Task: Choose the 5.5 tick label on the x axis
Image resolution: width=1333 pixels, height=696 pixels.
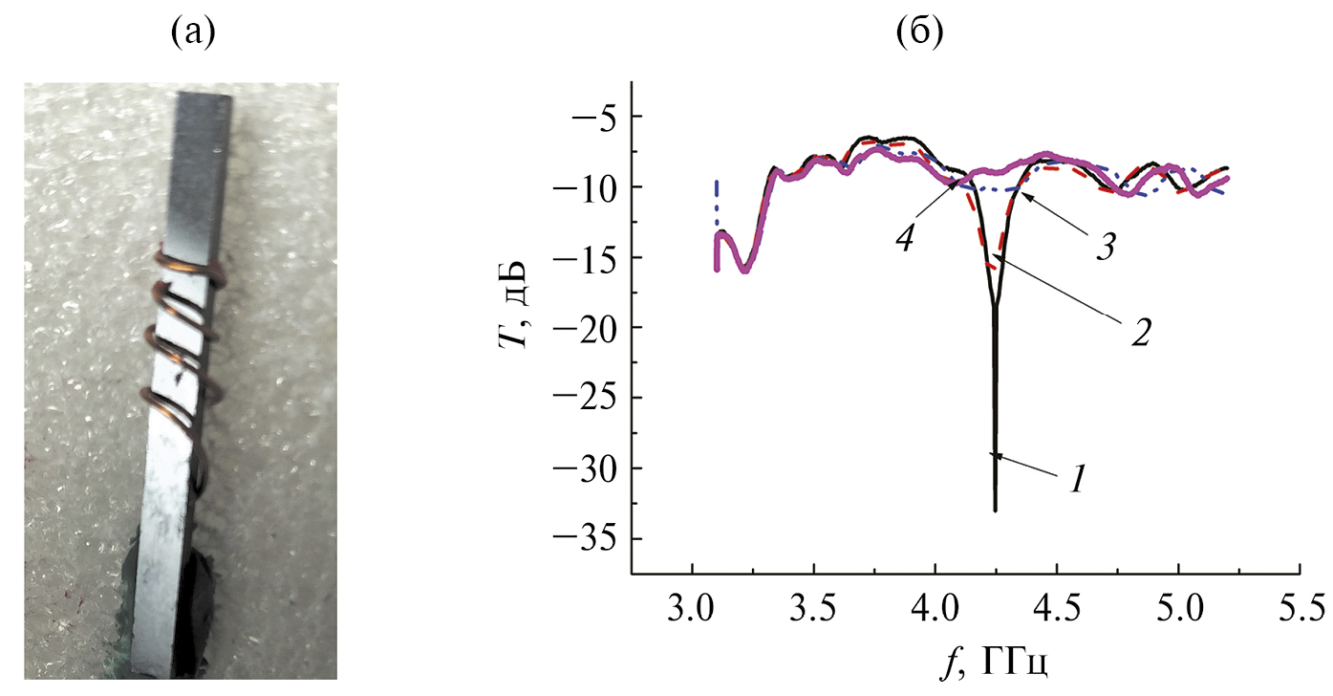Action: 1300,609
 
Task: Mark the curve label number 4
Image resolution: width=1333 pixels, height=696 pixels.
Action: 905,238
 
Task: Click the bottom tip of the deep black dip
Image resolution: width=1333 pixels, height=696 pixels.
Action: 996,511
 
